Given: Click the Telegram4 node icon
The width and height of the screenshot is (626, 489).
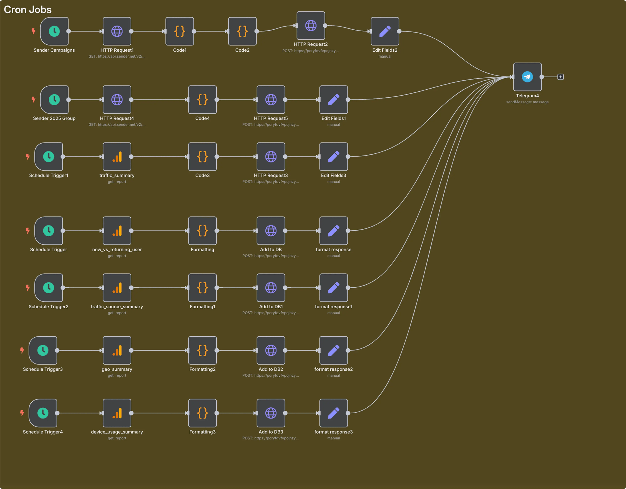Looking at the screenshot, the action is (527, 77).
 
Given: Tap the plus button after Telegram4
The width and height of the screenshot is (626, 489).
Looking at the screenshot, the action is (560, 77).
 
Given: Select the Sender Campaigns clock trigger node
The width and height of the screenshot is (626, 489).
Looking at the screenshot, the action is (54, 31).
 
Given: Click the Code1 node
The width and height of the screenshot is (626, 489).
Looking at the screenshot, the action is (180, 31).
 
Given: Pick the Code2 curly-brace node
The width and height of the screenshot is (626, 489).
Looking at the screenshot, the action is (242, 31).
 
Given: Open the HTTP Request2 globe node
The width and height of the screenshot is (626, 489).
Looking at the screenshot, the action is (311, 25).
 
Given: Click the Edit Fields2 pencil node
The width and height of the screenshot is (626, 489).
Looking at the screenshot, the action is (385, 31).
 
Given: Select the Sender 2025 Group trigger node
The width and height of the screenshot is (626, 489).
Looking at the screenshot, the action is (54, 100).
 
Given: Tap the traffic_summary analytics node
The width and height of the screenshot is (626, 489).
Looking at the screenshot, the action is (117, 157).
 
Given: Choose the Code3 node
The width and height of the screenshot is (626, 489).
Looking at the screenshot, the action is (202, 157).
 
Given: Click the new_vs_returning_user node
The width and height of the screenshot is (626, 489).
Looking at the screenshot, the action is (117, 231).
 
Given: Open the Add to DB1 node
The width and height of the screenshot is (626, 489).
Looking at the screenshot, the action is (271, 288).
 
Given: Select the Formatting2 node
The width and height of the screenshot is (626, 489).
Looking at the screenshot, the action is (202, 350).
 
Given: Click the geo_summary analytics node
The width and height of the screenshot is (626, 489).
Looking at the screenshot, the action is (117, 350).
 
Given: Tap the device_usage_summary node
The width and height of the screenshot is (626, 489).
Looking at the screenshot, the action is (117, 413).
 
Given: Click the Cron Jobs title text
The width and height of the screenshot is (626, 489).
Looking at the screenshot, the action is (28, 10).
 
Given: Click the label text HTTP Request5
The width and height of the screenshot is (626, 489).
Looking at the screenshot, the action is (271, 118).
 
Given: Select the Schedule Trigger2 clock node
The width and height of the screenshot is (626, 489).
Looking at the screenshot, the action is (48, 288).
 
